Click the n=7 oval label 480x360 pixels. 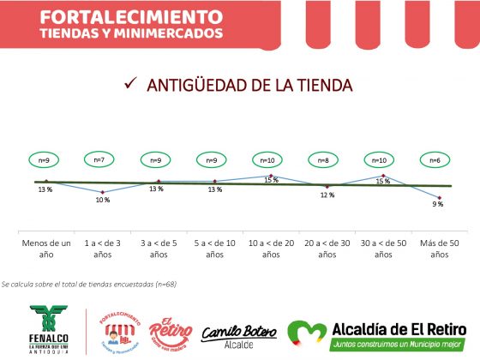[99, 159]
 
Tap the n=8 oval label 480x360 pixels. [322, 159]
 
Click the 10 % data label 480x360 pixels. [102, 200]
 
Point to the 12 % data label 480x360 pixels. [327, 195]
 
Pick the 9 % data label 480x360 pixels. [437, 204]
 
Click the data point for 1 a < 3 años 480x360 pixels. [103, 192]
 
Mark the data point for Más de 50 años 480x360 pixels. [438, 197]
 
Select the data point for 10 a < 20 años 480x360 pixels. [271, 176]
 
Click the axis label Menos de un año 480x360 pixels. [45, 249]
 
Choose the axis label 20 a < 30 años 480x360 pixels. [327, 249]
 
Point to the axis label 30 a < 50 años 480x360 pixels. [382, 249]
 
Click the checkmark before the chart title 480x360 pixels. [130, 83]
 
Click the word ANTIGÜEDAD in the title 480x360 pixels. [198, 85]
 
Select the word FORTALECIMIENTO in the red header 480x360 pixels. [125, 16]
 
